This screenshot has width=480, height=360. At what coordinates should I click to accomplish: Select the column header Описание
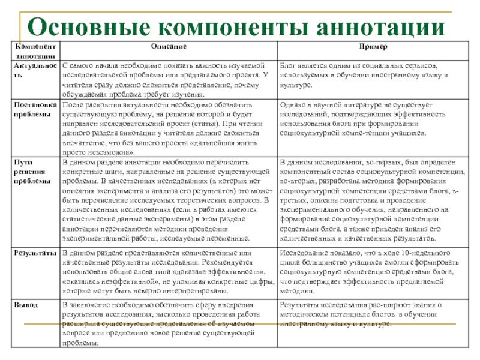pyautogui.click(x=167, y=46)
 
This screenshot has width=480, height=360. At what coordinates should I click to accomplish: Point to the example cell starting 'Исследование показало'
pyautogui.click(x=369, y=273)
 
